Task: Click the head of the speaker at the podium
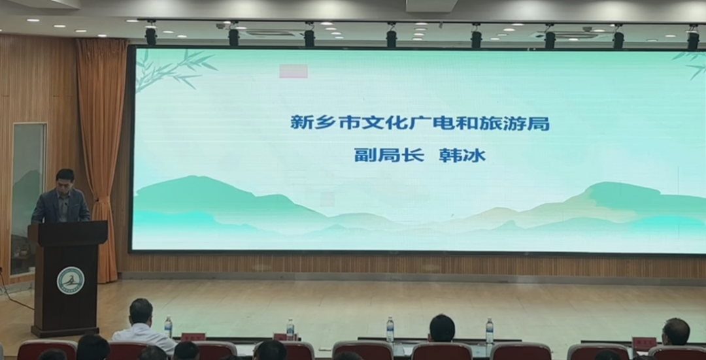65,180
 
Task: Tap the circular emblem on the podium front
71,280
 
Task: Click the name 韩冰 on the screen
462,155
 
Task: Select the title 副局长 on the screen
389,155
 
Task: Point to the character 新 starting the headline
300,123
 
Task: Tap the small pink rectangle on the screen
293,71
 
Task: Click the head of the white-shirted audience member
141,311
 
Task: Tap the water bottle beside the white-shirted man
168,327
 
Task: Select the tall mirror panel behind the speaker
28,199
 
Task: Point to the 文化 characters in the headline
381,123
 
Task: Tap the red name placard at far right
644,344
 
